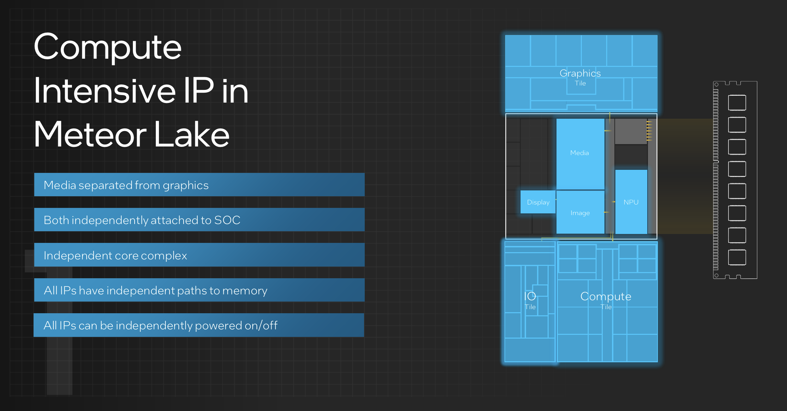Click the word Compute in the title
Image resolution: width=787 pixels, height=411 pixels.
coord(108,47)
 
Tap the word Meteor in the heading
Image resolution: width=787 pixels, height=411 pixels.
coord(90,134)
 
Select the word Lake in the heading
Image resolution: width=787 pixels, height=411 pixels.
coord(192,134)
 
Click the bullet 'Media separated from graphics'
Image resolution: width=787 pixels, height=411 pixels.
coord(199,185)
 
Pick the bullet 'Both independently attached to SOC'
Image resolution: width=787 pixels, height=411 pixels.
coord(199,220)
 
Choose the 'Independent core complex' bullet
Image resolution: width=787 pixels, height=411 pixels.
coord(199,255)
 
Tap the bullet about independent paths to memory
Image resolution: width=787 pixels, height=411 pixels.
coord(199,290)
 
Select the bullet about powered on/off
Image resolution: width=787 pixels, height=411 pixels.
coord(199,325)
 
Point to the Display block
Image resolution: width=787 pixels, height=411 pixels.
coord(538,202)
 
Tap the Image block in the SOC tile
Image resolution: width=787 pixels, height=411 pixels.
coord(580,213)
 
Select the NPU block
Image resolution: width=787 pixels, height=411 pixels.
coord(631,202)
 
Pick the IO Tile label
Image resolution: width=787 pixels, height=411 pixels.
coord(530,300)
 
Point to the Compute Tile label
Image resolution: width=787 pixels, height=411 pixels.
coord(605,300)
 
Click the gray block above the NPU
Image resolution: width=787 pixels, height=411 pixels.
coord(630,131)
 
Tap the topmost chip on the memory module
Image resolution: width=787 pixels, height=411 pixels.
coord(737,103)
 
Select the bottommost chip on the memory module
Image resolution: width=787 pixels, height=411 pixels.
coord(737,257)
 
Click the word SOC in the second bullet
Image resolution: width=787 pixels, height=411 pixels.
coord(227,220)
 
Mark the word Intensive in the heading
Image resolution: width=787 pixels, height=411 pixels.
coord(105,91)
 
